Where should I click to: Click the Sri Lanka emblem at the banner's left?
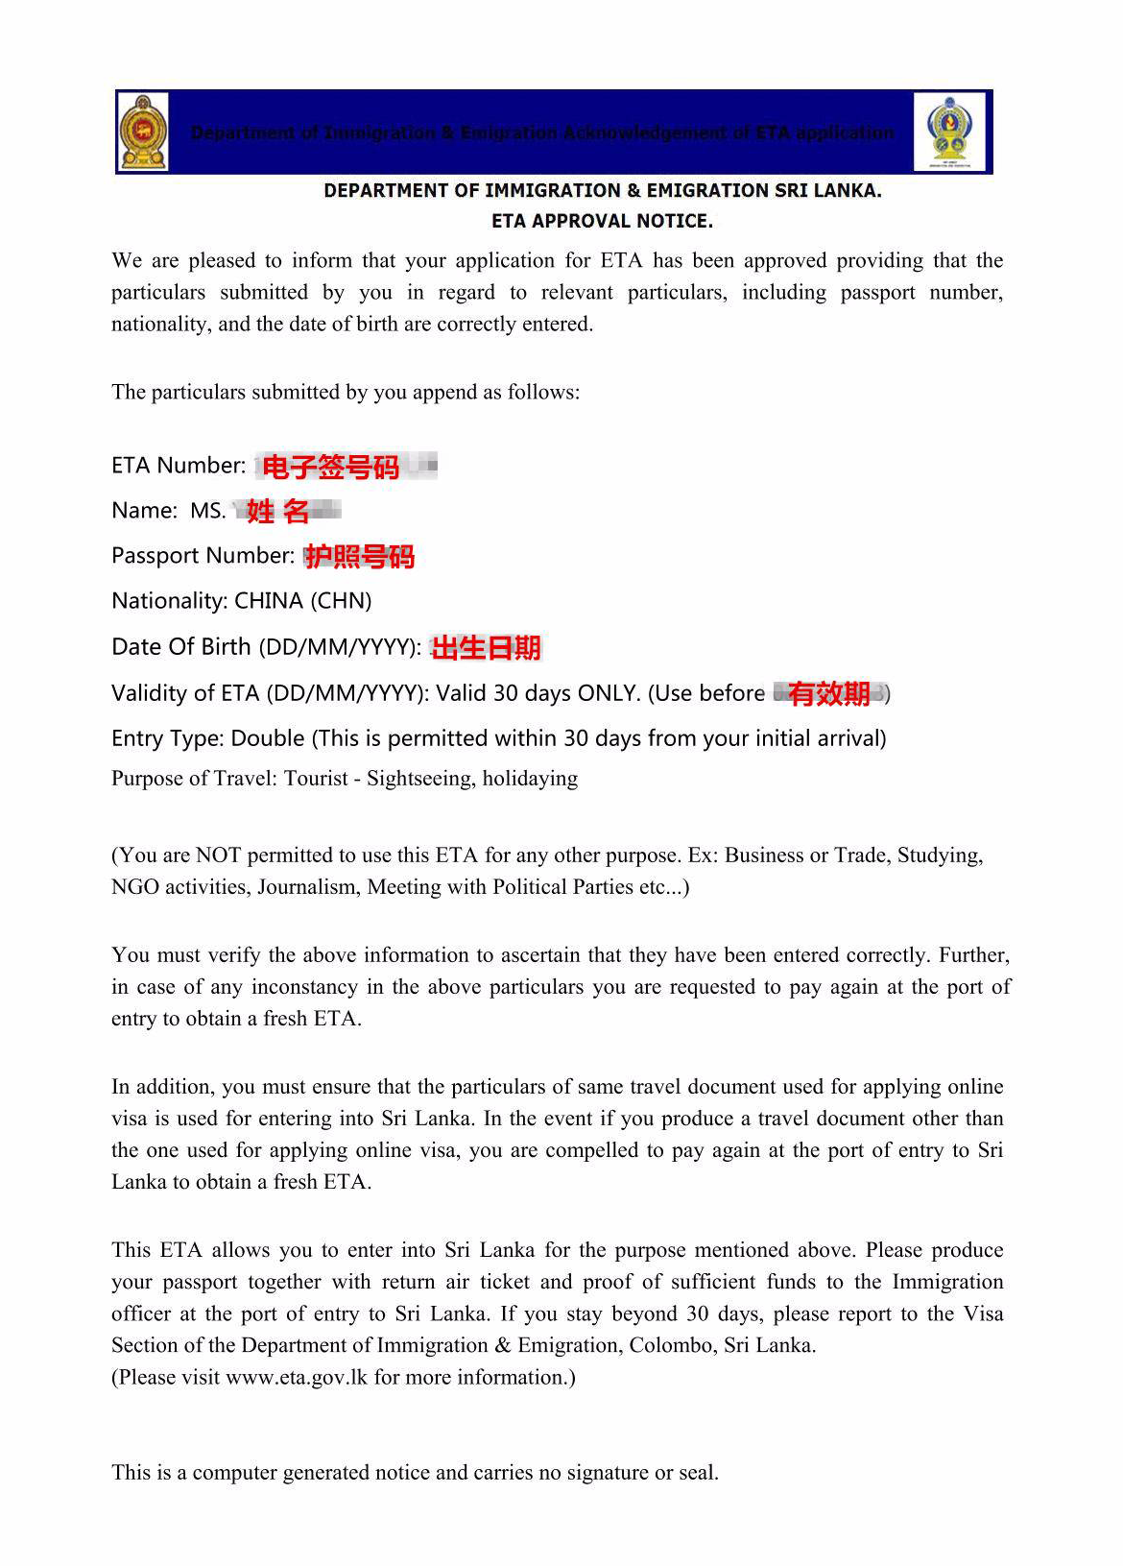[x=143, y=133]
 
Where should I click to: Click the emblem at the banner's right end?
[x=949, y=133]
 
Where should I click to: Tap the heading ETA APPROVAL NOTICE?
[x=602, y=221]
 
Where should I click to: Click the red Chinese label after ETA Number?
[x=330, y=468]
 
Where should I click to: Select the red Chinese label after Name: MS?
[x=278, y=511]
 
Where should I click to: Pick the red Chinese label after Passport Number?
[x=360, y=557]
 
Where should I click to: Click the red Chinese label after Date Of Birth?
[x=487, y=648]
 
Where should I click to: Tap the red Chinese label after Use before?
[x=829, y=693]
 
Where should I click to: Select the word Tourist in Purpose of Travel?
[x=315, y=779]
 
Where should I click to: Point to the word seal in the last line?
[x=697, y=1473]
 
